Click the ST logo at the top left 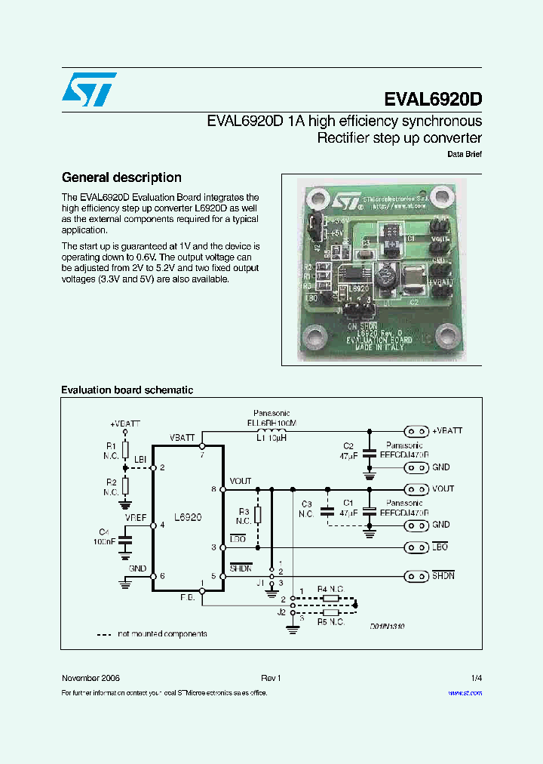tap(88, 90)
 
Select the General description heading tap(121, 177)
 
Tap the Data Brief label tap(465, 154)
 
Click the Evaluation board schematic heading tap(127, 390)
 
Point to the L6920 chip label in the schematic tap(187, 518)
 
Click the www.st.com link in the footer tap(465, 692)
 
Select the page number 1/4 tap(477, 678)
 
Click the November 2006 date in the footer tap(90, 678)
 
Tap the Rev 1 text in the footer tap(271, 678)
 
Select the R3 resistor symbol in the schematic tap(258, 515)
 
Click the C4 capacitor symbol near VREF tap(126, 541)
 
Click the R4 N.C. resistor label tap(331, 588)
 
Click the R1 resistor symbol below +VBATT tap(126, 451)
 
